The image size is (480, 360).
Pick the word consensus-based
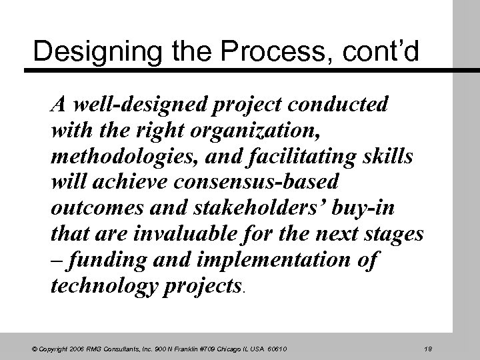[x=256, y=183]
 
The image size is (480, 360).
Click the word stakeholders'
[x=264, y=209]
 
